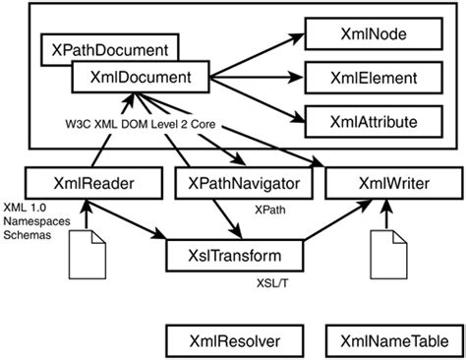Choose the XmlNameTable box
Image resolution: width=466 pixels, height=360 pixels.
390,341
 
